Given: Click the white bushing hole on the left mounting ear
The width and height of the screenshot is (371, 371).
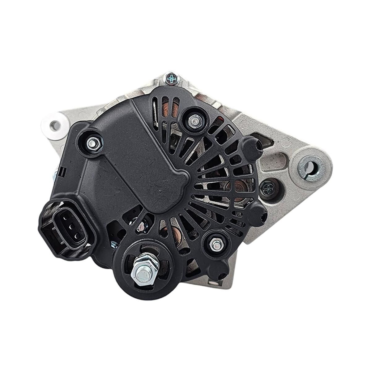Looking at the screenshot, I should point(56,125).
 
